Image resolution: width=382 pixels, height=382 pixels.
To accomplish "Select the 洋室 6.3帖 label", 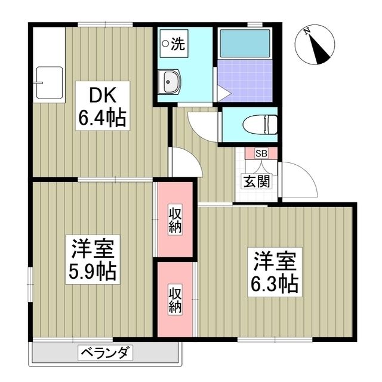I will pos(275,272).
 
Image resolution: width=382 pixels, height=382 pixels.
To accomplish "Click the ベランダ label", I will pos(105,353).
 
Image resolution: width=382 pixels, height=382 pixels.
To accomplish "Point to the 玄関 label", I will pos(253,181).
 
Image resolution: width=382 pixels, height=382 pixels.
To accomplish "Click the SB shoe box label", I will pos(261,153).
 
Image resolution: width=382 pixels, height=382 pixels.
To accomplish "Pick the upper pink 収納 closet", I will pos(174,220).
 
